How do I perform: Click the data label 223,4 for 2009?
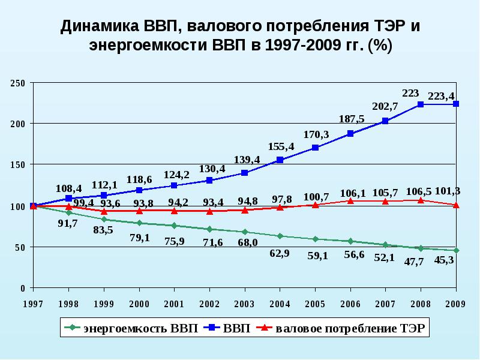click(442, 96)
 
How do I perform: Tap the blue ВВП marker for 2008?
click(421, 104)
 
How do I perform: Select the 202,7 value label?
click(385, 106)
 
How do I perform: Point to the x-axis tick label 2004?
click(279, 303)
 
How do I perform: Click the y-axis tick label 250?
click(18, 83)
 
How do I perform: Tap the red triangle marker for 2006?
click(350, 201)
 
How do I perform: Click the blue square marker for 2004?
click(280, 160)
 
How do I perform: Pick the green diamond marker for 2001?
click(173, 226)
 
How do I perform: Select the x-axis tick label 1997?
click(33, 303)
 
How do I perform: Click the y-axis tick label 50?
click(20, 247)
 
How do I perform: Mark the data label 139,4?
click(247, 160)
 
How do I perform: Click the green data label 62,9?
click(279, 253)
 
